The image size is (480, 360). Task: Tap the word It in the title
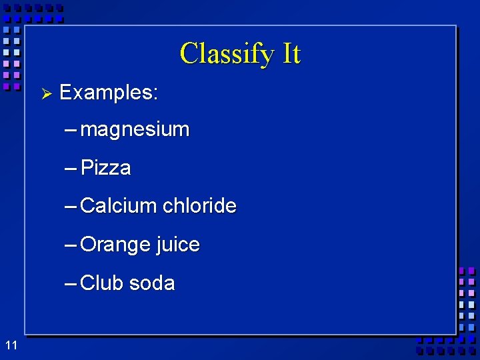pos(291,53)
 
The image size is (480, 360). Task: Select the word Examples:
pos(109,93)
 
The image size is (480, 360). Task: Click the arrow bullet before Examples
pos(46,93)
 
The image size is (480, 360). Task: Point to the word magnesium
pos(135,129)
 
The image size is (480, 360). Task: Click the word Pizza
pos(105,167)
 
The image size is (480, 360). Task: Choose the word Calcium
pos(117,205)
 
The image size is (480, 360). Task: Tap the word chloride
pos(199,205)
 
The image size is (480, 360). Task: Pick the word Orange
pos(115,245)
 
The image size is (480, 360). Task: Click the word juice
pos(178,245)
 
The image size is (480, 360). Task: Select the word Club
pos(101,283)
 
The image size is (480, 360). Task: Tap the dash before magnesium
pos(71,129)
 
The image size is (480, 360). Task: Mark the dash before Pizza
pos(71,167)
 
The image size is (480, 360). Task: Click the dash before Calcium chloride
pos(71,206)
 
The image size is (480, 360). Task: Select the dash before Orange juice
pos(71,245)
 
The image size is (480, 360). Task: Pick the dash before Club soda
pos(71,283)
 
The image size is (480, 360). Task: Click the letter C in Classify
pos(189,53)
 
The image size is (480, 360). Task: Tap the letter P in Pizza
pos(86,167)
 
